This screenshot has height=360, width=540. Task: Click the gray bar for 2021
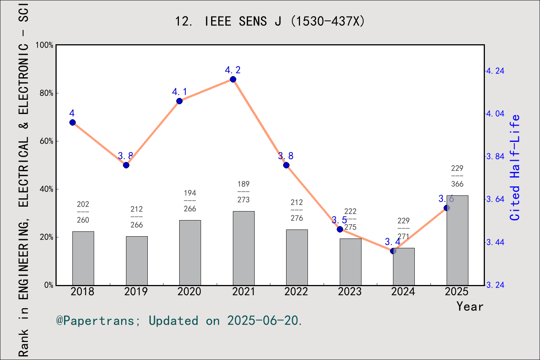pos(243,248)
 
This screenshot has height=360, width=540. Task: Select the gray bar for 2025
pos(457,240)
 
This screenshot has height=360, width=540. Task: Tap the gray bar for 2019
pos(136,261)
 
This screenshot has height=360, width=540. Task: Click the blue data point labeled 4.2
pos(233,79)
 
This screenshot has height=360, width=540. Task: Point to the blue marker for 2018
pos(73,122)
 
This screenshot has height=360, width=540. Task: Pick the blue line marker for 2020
pos(179,101)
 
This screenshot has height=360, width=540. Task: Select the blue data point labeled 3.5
pos(340,229)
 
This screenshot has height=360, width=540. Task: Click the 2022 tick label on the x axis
pos(296,291)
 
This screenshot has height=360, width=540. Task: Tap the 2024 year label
pos(403,291)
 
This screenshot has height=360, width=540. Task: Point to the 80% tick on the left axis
pos(46,93)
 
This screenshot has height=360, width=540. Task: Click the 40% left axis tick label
pos(46,189)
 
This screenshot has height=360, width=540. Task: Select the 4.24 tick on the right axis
pos(495,71)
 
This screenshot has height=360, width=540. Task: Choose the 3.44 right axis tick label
pos(495,242)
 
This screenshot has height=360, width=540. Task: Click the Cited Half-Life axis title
pos(515,168)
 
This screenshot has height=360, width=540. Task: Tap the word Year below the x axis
pos(470,306)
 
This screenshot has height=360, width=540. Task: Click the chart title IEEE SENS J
pos(270,21)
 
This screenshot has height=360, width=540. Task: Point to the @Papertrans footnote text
pos(179,321)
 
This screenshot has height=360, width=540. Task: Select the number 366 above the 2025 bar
pos(457,184)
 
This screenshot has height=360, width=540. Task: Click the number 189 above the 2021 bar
pos(243,184)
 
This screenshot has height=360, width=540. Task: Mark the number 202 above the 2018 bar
pos(83,204)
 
